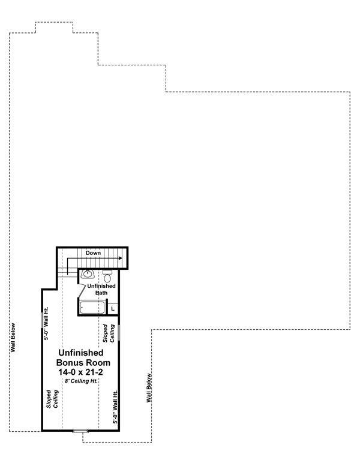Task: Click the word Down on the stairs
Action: pyautogui.click(x=93, y=253)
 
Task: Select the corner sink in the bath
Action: pyautogui.click(x=88, y=275)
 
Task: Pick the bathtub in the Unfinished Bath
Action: pyautogui.click(x=92, y=308)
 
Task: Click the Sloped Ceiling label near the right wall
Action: pyautogui.click(x=108, y=333)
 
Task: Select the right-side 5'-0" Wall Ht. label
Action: pyautogui.click(x=116, y=408)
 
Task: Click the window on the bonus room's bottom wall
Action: pyautogui.click(x=79, y=431)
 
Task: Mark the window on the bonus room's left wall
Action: pyautogui.click(x=41, y=319)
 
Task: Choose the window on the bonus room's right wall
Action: pyautogui.click(x=119, y=332)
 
